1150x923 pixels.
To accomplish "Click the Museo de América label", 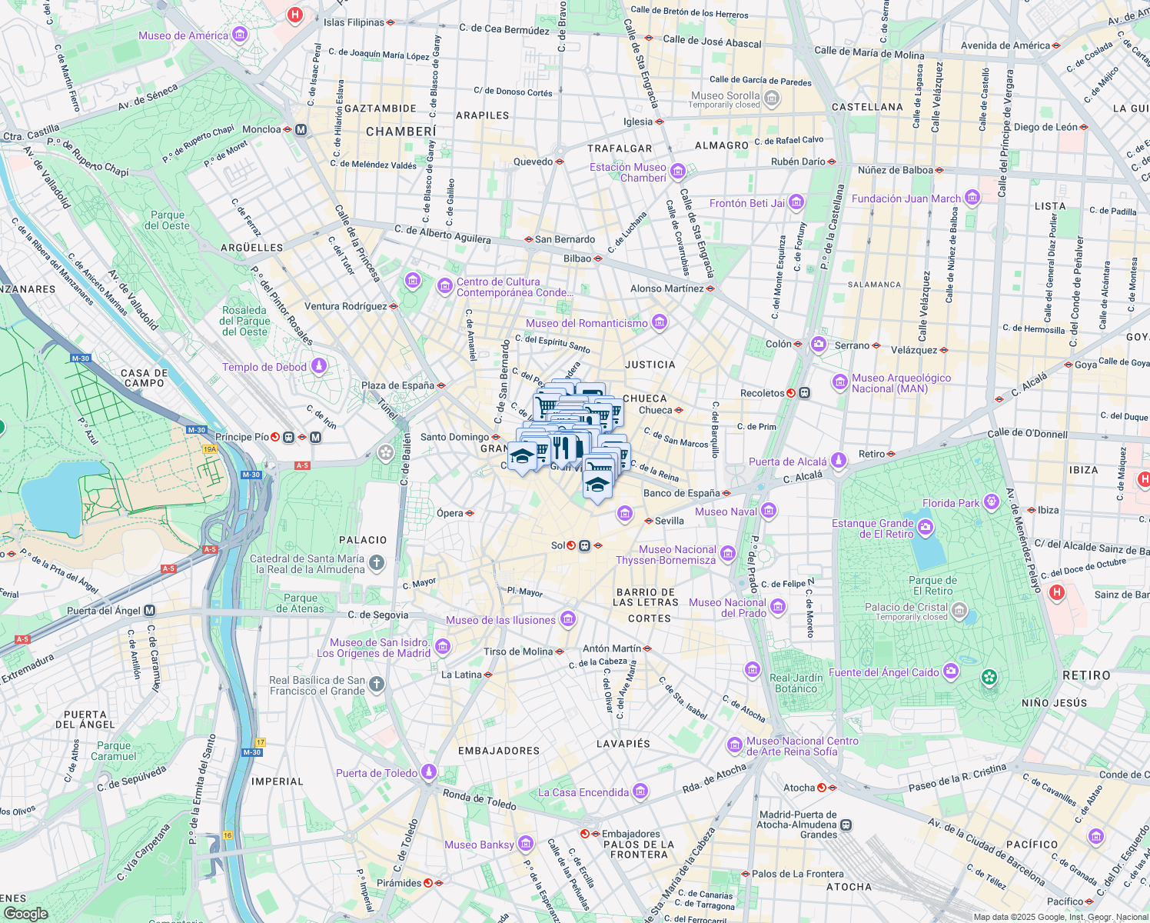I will pos(183,35).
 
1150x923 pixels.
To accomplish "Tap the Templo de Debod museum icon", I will pos(318,367).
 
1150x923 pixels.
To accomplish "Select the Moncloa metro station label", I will pos(261,129).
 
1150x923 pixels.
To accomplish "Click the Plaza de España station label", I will pos(397,385).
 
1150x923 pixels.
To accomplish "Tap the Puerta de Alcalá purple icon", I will pos(839,461).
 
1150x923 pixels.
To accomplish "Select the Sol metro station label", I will pos(558,545).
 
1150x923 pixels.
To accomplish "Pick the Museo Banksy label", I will pos(479,845).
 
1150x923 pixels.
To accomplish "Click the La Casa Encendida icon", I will pos(640,792).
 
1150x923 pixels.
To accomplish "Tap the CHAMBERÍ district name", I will pos(401,132).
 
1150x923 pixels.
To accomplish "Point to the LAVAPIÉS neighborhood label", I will pos(623,744).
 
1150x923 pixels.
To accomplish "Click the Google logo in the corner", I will pos(25,914).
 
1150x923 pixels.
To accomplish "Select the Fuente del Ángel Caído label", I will pos(883,672).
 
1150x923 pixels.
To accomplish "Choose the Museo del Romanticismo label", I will pos(587,323).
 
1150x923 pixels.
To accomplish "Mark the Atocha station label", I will pos(799,788).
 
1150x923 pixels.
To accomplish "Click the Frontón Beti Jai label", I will pos(747,203).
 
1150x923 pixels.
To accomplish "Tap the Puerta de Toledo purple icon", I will pos(429,773).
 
